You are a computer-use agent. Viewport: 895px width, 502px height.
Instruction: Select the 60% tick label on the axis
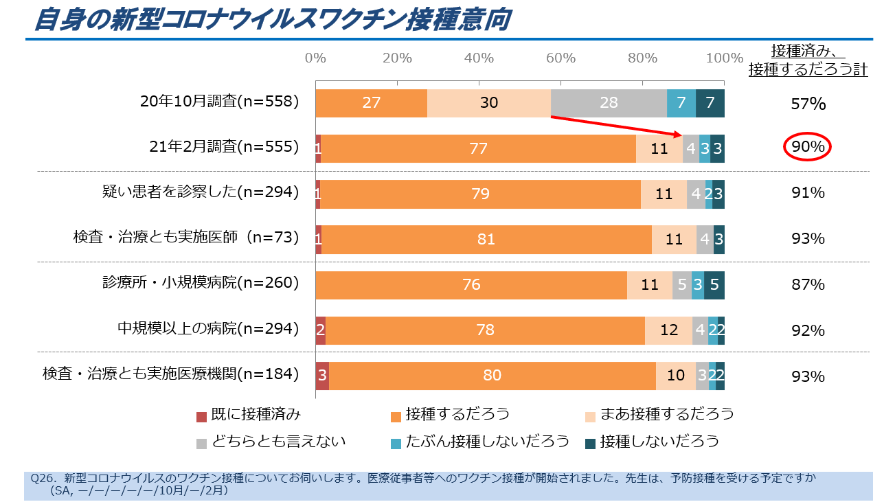[560, 58]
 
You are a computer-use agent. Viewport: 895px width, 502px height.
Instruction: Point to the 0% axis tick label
[315, 58]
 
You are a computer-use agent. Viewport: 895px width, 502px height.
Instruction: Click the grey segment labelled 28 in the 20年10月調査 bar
[609, 103]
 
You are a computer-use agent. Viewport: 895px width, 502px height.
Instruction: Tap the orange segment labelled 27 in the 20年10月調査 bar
[371, 103]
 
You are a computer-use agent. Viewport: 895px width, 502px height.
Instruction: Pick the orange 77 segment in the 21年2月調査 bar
[479, 148]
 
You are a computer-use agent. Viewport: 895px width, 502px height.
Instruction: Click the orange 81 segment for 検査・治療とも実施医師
[486, 239]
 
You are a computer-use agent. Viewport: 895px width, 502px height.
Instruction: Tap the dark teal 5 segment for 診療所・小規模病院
[714, 285]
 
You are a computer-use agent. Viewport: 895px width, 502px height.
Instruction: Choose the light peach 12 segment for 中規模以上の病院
[669, 330]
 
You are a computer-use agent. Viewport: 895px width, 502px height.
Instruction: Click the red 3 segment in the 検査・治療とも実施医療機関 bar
[322, 376]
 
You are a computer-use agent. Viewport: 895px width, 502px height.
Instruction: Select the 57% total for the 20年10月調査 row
[808, 104]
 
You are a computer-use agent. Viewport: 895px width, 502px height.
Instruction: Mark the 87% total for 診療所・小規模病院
[808, 285]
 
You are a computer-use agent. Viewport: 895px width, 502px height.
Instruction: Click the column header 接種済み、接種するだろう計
[808, 60]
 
